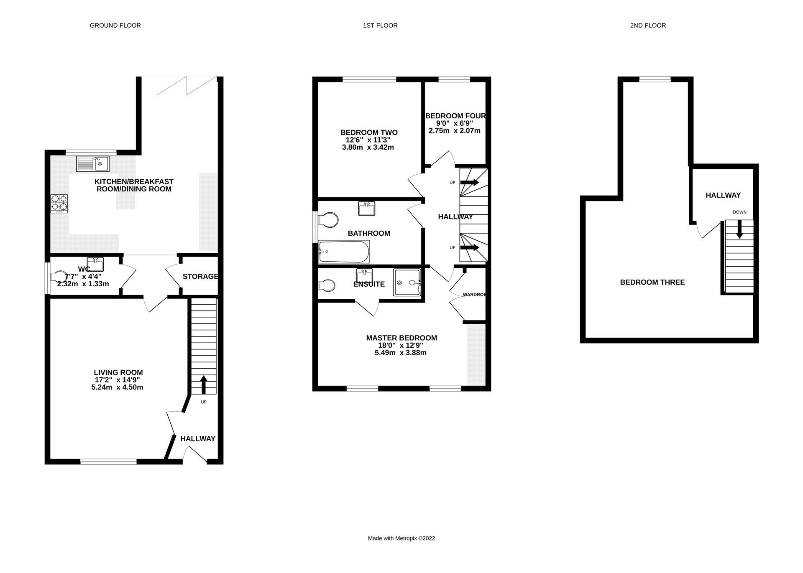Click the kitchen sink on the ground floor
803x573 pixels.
[92, 163]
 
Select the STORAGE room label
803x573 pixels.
[200, 276]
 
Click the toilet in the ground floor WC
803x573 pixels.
[59, 276]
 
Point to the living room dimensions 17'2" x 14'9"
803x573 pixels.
[117, 380]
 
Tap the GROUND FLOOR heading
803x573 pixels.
[115, 25]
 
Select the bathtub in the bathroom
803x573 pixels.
[344, 252]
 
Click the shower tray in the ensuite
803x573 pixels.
[407, 283]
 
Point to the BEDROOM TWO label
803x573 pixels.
[369, 132]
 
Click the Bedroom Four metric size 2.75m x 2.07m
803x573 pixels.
[455, 131]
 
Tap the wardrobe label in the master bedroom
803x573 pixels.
[474, 295]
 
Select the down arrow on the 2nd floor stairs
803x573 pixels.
[739, 229]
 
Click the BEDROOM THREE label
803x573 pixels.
[652, 283]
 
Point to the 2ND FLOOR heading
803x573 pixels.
[648, 25]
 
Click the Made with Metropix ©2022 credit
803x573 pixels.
[401, 538]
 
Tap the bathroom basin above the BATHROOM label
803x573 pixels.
[367, 208]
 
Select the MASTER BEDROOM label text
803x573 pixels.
[401, 338]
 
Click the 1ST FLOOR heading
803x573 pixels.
[380, 25]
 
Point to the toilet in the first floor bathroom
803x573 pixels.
[329, 220]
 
